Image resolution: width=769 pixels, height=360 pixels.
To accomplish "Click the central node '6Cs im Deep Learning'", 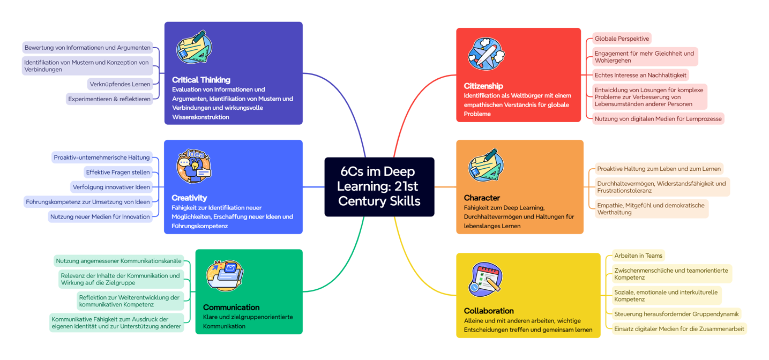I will tap(379, 186).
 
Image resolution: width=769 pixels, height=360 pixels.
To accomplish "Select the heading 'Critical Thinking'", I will tap(201, 80).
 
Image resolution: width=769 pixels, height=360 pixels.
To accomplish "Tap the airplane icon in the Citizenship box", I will tap(486, 54).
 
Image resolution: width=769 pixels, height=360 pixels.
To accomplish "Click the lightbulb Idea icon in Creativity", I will tap(194, 166).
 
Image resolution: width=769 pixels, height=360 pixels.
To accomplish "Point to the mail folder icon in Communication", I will tap(225, 275).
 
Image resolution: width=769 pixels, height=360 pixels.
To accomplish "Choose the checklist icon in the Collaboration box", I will tap(485, 279).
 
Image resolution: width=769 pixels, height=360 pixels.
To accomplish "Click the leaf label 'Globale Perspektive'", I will tap(622, 39).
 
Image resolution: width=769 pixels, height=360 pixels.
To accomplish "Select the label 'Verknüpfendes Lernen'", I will tap(120, 84).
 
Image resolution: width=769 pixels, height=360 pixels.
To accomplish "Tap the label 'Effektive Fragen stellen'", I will tap(118, 172).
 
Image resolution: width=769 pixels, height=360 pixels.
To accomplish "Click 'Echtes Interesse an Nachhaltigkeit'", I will tap(640, 75).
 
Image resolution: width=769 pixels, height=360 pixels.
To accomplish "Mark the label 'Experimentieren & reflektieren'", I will tap(109, 99).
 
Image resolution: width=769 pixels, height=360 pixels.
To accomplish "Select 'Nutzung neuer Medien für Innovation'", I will tap(100, 216).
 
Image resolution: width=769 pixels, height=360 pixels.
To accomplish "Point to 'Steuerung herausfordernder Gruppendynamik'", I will tap(676, 314).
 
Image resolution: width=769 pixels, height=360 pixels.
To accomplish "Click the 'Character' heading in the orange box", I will tap(482, 198).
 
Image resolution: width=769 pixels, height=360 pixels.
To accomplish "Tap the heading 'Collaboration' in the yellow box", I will tap(489, 311).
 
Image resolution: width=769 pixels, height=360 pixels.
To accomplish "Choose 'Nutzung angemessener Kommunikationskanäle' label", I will tap(118, 261).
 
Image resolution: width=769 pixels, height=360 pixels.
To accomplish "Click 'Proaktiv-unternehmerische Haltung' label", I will tap(102, 157).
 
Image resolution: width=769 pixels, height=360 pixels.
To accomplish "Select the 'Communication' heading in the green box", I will tap(231, 307).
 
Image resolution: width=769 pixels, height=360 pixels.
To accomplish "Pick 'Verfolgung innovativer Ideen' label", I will tap(111, 187).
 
